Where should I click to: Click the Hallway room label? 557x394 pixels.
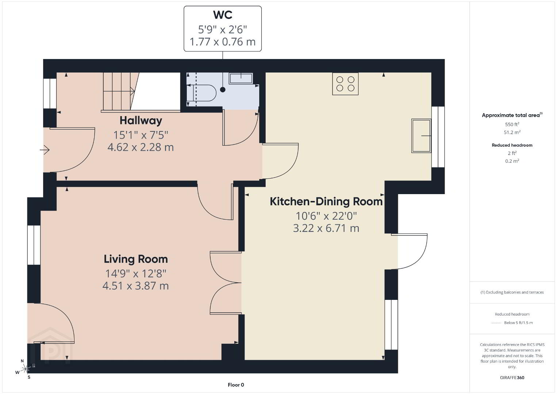pyautogui.click(x=141, y=121)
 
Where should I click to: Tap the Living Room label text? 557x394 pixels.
pyautogui.click(x=136, y=259)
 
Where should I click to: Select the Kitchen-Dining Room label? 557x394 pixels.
pyautogui.click(x=326, y=201)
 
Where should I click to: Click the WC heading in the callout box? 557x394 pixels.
pyautogui.click(x=223, y=15)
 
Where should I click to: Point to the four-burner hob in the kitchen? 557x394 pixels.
pyautogui.click(x=345, y=84)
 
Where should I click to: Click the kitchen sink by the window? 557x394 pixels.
pyautogui.click(x=421, y=136)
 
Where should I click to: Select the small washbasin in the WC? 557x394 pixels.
pyautogui.click(x=241, y=78)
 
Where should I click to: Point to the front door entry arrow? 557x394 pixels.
pyautogui.click(x=45, y=150)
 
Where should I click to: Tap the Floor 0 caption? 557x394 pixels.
pyautogui.click(x=236, y=385)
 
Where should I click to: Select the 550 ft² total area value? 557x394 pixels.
pyautogui.click(x=512, y=124)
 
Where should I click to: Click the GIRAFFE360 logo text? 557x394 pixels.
pyautogui.click(x=512, y=378)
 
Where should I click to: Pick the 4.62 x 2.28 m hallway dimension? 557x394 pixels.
pyautogui.click(x=141, y=147)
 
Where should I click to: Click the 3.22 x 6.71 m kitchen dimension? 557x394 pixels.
pyautogui.click(x=326, y=228)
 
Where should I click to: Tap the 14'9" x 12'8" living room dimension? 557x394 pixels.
pyautogui.click(x=136, y=274)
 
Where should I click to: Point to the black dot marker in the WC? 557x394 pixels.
pyautogui.click(x=223, y=90)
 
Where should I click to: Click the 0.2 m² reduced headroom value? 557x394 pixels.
pyautogui.click(x=512, y=161)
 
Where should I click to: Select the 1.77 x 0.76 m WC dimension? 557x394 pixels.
pyautogui.click(x=223, y=42)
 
